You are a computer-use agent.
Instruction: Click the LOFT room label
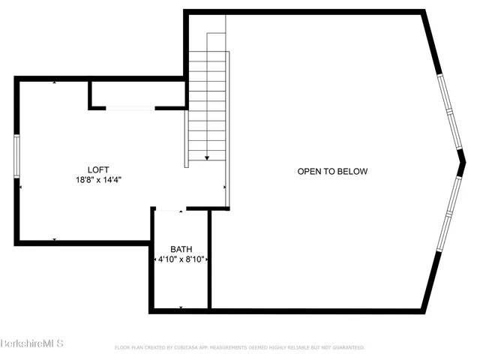pyautogui.click(x=98, y=169)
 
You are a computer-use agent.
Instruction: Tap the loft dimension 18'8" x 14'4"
pyautogui.click(x=98, y=180)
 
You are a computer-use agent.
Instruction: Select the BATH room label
pyautogui.click(x=181, y=249)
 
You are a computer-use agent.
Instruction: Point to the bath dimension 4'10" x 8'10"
pyautogui.click(x=181, y=259)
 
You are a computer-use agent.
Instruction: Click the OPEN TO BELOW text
pyautogui.click(x=332, y=172)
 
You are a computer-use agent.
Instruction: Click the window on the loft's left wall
pyautogui.click(x=16, y=156)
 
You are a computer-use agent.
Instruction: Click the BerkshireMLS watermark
pyautogui.click(x=31, y=343)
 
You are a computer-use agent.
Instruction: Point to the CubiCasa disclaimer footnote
pyautogui.click(x=239, y=348)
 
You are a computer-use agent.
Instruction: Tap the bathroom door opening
pyautogui.click(x=169, y=210)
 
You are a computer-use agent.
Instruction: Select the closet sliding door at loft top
pyautogui.click(x=130, y=109)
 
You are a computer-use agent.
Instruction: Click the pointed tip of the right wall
pyautogui.click(x=464, y=160)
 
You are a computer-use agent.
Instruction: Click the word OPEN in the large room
pyautogui.click(x=310, y=172)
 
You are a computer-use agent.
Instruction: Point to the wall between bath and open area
pyautogui.click(x=209, y=259)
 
